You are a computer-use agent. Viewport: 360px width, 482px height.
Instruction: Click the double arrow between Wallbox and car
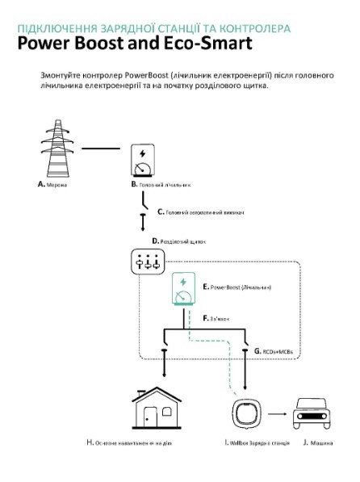[x=278, y=411]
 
